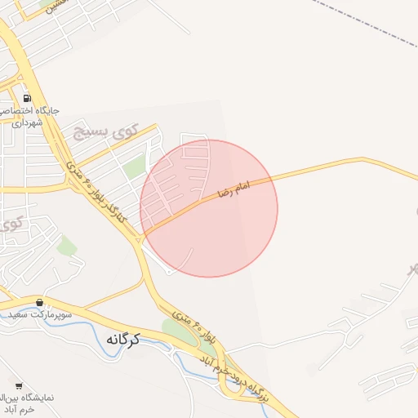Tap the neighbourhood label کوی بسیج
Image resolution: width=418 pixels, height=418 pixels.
102,132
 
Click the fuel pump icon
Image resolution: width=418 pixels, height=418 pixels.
27,94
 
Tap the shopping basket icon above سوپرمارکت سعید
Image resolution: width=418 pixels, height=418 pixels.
39,302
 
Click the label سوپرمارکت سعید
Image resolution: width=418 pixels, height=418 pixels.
41,314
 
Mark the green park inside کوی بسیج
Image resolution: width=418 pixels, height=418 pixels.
135,168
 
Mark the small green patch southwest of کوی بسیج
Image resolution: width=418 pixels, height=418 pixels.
67,245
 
